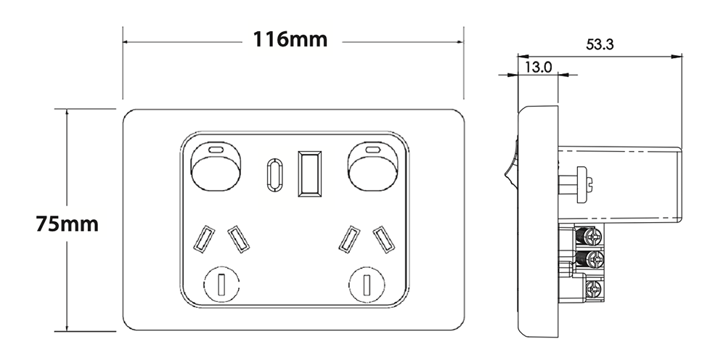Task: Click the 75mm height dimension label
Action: coord(67,224)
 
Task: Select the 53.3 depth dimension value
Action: coord(600,44)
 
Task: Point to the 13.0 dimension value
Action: coord(538,67)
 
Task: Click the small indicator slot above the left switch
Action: coord(216,149)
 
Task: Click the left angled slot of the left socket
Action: coord(203,239)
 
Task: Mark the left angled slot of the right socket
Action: coord(351,239)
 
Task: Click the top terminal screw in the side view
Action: coord(594,236)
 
